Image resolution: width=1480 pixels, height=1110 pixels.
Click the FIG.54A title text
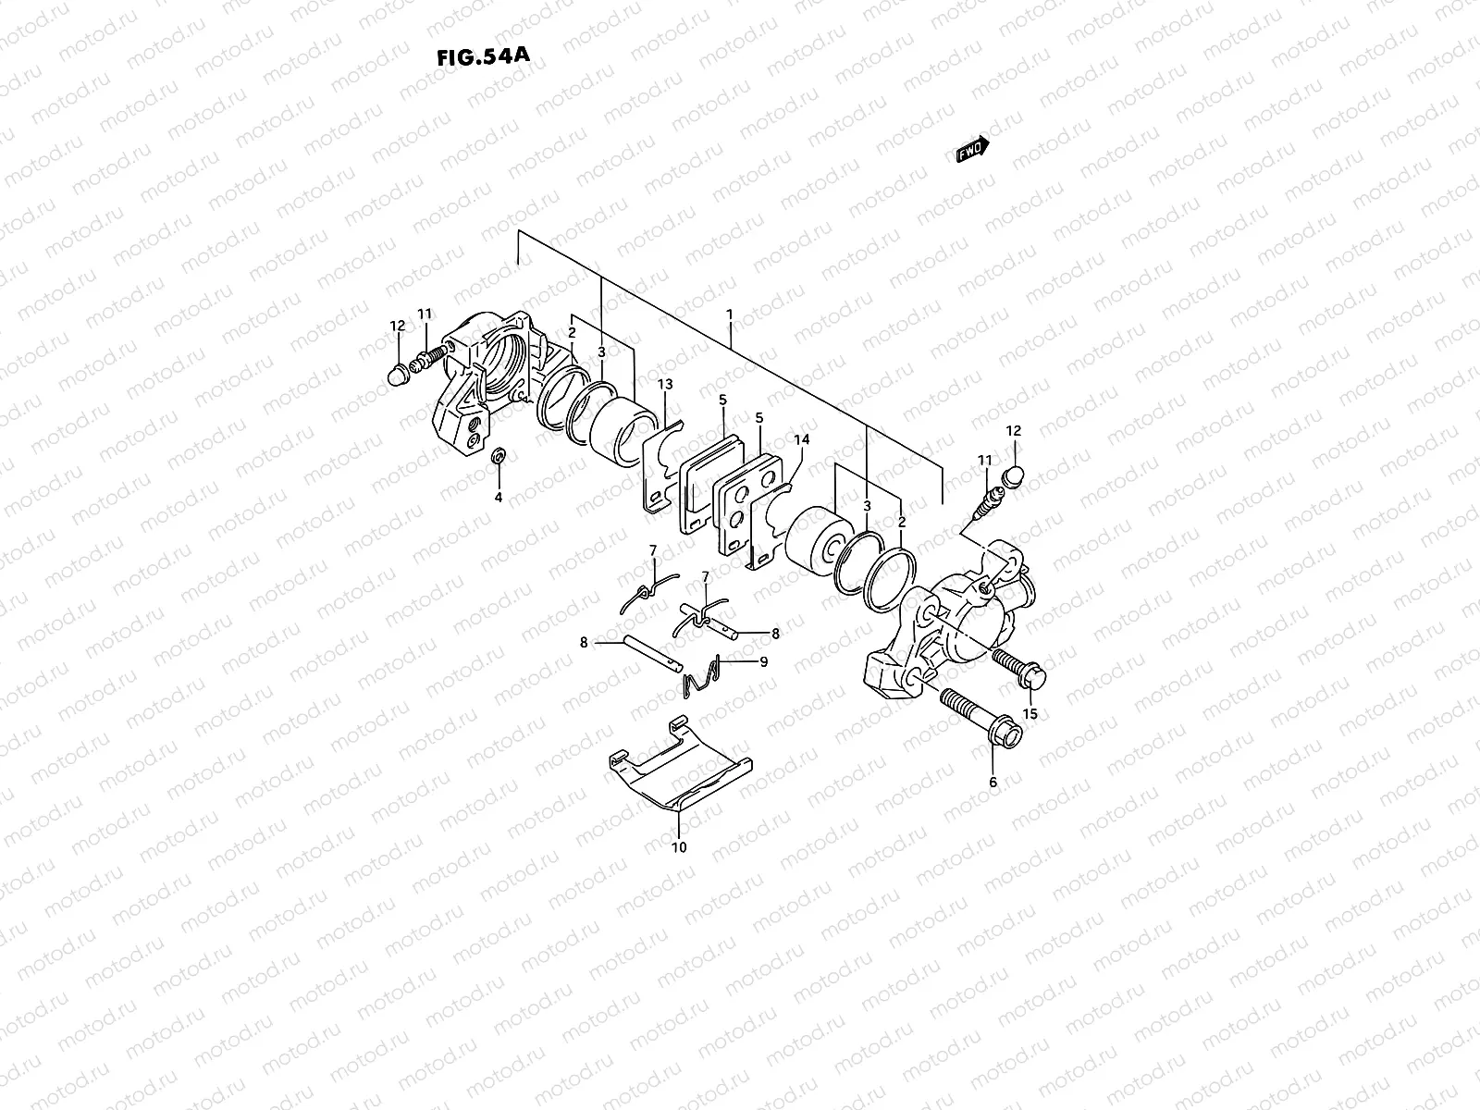[x=482, y=55]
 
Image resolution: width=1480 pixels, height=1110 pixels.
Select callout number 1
[x=730, y=314]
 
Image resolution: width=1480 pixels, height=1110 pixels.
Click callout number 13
[x=664, y=384]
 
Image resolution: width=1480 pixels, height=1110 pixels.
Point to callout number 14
[x=800, y=440]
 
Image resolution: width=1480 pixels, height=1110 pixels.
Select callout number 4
[x=498, y=497]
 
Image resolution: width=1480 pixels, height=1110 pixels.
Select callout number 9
[x=763, y=661]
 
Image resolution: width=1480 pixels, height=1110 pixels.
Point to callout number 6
[x=993, y=782]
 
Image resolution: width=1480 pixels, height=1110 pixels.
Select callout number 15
[x=1030, y=713]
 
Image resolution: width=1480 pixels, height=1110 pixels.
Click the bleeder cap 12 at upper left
[x=398, y=373]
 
